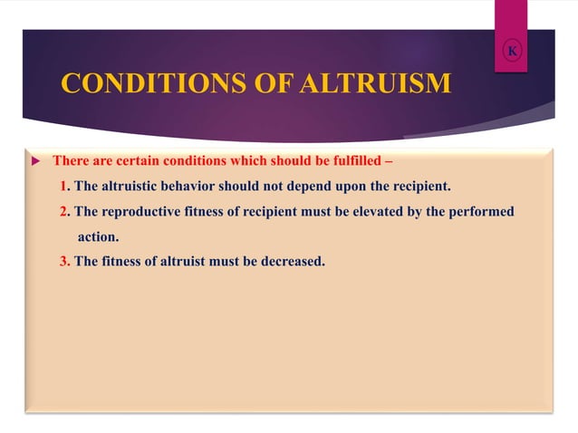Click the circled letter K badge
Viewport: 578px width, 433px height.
pyautogui.click(x=512, y=51)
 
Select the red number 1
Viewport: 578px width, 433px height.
pyautogui.click(x=63, y=187)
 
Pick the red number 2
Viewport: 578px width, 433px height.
pyautogui.click(x=63, y=212)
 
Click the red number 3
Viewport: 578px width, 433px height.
pyautogui.click(x=63, y=263)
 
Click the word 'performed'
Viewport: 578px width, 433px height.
pyautogui.click(x=479, y=212)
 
